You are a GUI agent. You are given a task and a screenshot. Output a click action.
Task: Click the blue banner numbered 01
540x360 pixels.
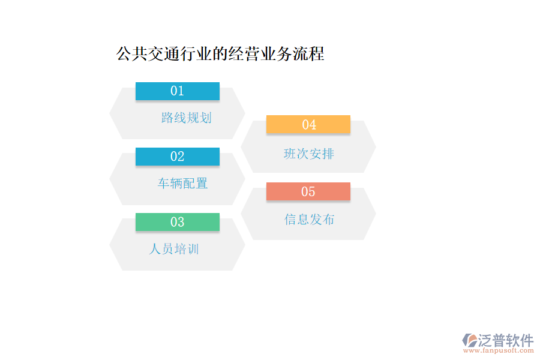click(177, 91)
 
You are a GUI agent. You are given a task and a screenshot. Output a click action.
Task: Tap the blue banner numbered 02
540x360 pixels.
click(177, 157)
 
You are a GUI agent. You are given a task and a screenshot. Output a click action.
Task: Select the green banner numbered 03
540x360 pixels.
click(177, 222)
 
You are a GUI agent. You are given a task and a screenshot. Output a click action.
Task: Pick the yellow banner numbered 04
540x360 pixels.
click(308, 124)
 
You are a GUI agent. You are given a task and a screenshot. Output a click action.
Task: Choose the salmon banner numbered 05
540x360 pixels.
click(308, 191)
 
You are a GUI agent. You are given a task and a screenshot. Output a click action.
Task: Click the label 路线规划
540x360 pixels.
click(186, 118)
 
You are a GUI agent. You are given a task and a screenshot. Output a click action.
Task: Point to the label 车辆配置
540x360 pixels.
click(182, 184)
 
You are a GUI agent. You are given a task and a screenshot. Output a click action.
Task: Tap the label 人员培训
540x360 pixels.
click(174, 248)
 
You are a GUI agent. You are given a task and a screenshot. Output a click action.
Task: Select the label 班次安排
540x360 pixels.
click(308, 154)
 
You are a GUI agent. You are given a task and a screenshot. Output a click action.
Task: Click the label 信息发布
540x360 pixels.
click(309, 220)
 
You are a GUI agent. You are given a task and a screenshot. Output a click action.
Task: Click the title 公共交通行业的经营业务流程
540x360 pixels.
click(220, 54)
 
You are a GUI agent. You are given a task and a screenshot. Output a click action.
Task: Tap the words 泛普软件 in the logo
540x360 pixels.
click(505, 340)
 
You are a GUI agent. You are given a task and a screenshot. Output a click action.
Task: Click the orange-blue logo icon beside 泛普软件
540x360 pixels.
click(469, 341)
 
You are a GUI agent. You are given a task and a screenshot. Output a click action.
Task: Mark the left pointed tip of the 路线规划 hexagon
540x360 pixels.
click(110, 113)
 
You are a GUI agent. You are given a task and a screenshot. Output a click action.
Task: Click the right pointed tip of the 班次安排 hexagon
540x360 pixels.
click(375, 146)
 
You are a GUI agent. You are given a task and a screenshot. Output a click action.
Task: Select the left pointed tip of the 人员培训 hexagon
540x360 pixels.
click(110, 244)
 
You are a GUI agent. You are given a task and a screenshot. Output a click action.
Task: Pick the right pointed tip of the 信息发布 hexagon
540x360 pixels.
click(375, 214)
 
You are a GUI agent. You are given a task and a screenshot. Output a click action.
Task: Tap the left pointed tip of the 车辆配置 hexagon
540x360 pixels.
click(110, 179)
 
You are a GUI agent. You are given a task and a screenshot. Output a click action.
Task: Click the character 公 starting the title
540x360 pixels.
click(123, 54)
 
